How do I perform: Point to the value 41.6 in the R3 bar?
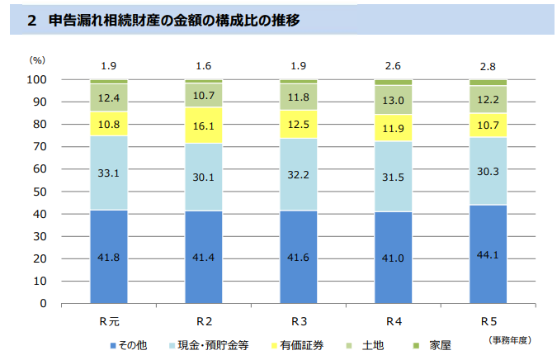click(299, 257)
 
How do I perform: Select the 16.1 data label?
click(204, 126)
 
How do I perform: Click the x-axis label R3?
click(299, 319)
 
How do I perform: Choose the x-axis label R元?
click(109, 319)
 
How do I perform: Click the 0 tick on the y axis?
click(43, 303)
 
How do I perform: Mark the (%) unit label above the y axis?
click(38, 60)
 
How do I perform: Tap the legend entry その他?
click(131, 342)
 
